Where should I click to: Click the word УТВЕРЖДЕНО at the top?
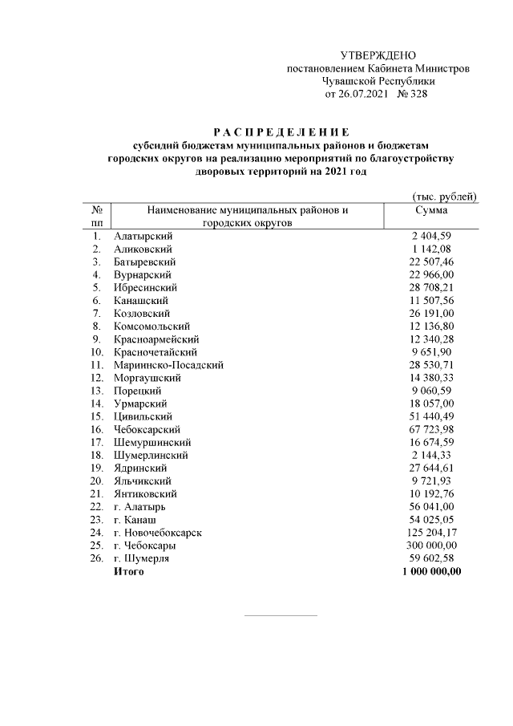378,55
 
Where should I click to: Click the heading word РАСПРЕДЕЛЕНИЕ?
281,132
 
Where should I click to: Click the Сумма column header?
431,210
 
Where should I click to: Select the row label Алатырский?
143,236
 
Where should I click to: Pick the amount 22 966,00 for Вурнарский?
431,274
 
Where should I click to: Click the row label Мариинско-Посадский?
168,365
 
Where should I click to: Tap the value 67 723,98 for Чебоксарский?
431,429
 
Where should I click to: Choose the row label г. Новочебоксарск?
158,533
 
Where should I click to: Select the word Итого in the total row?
129,571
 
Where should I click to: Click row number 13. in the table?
96,391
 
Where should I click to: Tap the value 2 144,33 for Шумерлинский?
433,455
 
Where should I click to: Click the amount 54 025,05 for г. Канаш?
431,520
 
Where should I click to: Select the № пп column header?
97,217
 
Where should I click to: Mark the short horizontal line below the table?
280,616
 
